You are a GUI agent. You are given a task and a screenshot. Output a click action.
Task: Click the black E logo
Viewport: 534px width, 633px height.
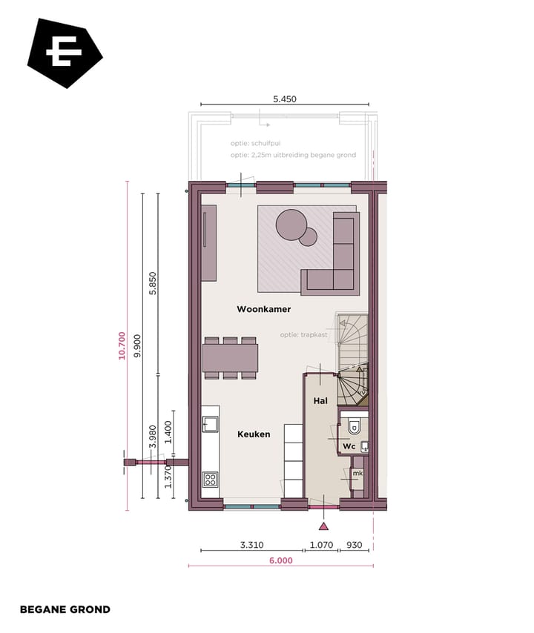tap(65, 53)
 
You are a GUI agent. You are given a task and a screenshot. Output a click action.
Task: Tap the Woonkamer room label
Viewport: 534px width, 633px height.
tap(263, 309)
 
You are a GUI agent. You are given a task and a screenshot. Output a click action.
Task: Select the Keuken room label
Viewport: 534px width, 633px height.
tap(254, 434)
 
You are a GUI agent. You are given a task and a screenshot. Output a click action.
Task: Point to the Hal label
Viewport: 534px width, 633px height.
tap(320, 400)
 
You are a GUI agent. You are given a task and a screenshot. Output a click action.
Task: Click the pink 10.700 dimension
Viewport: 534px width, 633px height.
tap(122, 345)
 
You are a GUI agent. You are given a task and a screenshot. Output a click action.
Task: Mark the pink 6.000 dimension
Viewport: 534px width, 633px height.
tap(280, 561)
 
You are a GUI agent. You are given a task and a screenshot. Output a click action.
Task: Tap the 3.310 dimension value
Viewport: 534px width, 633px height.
tap(252, 545)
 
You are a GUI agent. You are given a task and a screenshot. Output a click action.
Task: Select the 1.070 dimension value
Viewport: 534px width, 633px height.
tap(322, 545)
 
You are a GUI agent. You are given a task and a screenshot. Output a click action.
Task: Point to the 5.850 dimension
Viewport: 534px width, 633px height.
tap(153, 284)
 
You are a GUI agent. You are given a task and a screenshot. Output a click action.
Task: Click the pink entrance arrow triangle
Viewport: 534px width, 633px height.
tap(323, 527)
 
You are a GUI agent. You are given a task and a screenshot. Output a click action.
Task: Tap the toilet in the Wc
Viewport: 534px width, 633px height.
tap(355, 426)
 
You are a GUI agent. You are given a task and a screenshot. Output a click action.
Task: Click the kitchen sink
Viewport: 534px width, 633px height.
tap(210, 424)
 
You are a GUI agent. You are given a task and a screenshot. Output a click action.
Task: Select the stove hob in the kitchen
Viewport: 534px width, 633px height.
tap(211, 479)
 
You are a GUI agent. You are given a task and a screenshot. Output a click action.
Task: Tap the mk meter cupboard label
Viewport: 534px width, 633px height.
tap(357, 473)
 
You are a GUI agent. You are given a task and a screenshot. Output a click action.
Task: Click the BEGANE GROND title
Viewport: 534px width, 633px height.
tap(65, 609)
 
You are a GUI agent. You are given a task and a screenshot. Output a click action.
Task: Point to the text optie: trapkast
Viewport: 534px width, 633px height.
tap(304, 335)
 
